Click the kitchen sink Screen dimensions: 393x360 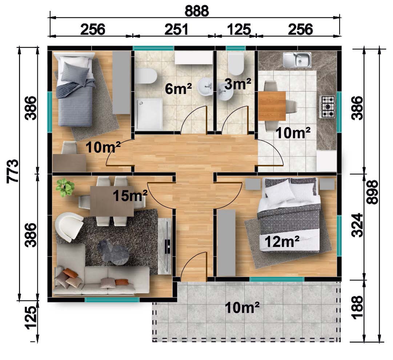[297, 60]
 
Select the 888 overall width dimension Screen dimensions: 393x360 [197, 12]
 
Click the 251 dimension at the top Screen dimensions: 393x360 [176, 29]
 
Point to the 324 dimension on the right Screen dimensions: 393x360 [357, 225]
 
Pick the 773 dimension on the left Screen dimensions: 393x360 [12, 171]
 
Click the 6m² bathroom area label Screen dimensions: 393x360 [178, 89]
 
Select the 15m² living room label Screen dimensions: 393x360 [130, 196]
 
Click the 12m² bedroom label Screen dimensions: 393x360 [282, 242]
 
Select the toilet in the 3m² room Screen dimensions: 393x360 [236, 64]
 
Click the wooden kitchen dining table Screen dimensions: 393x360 [272, 106]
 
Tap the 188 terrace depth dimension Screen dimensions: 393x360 [357, 308]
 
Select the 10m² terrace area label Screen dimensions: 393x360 [242, 307]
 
